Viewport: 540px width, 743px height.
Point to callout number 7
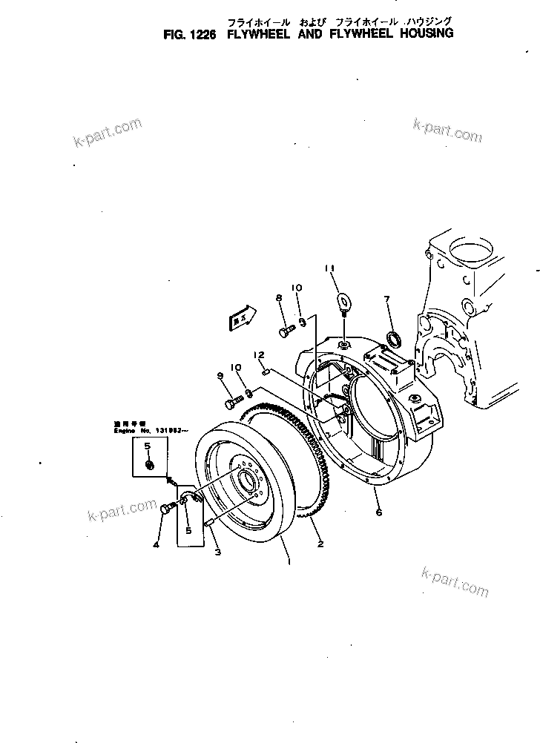coord(387,300)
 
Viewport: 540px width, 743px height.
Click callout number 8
coord(280,298)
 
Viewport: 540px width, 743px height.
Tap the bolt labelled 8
coord(286,331)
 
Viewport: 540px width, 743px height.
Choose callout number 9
coord(220,377)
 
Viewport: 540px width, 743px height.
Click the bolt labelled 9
coord(232,401)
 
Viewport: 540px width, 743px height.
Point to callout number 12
coord(259,355)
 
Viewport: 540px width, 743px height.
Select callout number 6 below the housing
coord(379,512)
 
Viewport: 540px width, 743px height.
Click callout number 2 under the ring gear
coord(320,545)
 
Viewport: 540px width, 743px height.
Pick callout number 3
coord(217,553)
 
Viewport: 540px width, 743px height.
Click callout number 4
coord(156,546)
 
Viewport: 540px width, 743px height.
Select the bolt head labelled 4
coord(166,509)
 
